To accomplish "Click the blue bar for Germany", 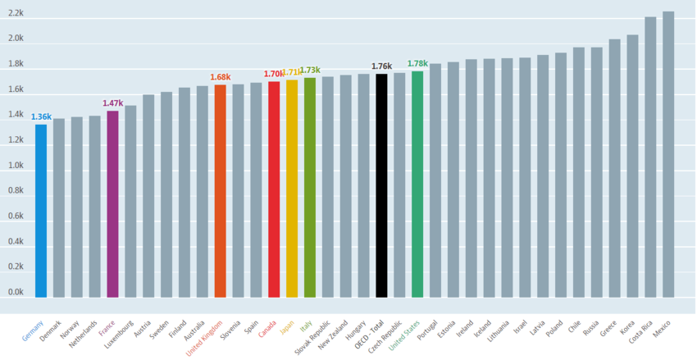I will click(41, 211).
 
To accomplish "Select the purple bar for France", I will click(112, 204).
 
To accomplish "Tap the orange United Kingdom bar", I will click(220, 191).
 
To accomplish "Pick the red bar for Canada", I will click(274, 189).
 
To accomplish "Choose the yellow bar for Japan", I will click(292, 189).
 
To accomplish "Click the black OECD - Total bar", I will click(381, 185).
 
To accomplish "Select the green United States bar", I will click(417, 185).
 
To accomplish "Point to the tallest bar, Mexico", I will click(668, 154).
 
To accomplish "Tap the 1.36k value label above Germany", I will click(41, 117).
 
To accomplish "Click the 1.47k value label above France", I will click(112, 103).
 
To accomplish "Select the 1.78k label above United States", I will click(417, 64).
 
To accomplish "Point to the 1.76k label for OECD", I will click(381, 66).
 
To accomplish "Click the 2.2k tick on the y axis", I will click(16, 13).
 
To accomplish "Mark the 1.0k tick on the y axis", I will click(16, 166).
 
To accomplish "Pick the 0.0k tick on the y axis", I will click(16, 292).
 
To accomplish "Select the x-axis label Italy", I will click(306, 326).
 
